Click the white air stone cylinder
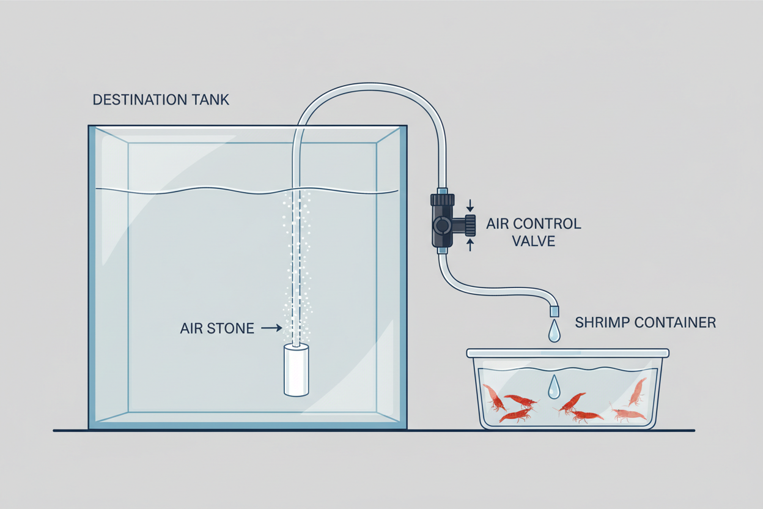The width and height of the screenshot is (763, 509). [297, 370]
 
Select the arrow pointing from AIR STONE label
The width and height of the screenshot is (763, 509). [271, 329]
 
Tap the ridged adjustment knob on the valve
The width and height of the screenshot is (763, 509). [470, 225]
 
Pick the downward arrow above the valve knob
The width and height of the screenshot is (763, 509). [470, 204]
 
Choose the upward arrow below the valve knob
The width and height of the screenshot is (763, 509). [470, 245]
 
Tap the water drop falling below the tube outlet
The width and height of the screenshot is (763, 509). [554, 331]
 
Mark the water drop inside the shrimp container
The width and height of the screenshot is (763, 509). [554, 387]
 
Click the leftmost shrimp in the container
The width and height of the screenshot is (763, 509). [495, 398]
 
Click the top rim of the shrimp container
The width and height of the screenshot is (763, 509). [567, 353]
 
